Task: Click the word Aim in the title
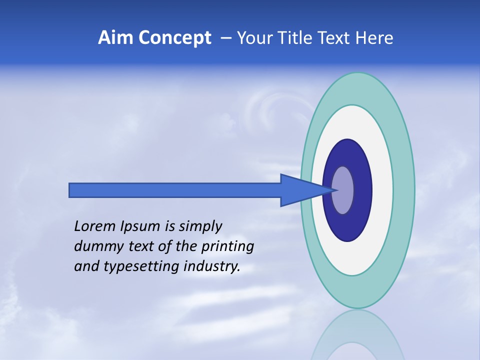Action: tap(115, 38)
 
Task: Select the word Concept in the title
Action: tap(175, 38)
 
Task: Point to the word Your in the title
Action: tap(252, 38)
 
